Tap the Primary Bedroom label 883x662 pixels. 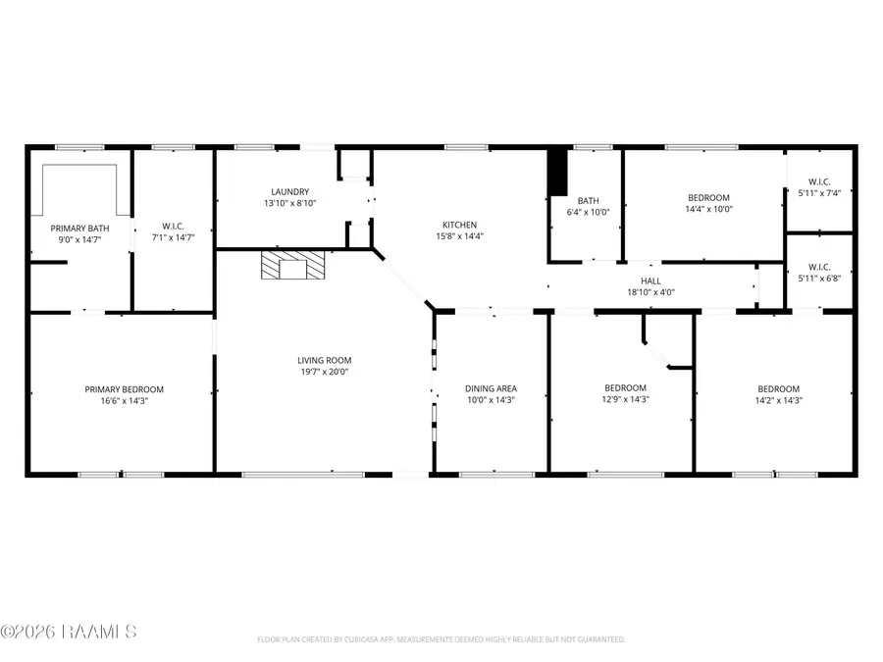pyautogui.click(x=124, y=389)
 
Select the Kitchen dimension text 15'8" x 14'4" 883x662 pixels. pyautogui.click(x=460, y=235)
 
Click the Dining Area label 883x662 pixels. pyautogui.click(x=490, y=389)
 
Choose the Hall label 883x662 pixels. pyautogui.click(x=650, y=280)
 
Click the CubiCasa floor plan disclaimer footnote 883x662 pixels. pyautogui.click(x=441, y=638)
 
